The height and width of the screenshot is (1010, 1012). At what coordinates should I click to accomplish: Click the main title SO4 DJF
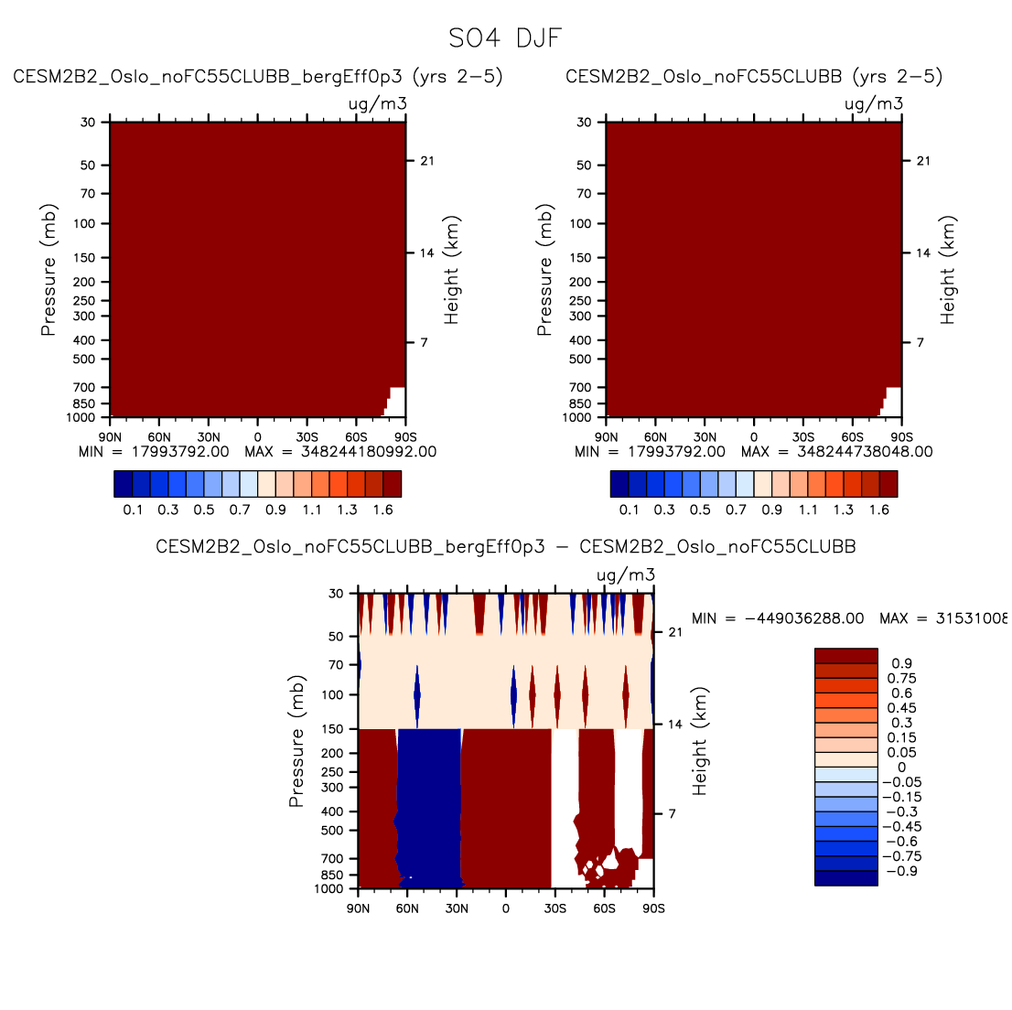coord(505,39)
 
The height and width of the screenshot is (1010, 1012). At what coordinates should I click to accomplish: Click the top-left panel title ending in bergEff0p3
coord(258,77)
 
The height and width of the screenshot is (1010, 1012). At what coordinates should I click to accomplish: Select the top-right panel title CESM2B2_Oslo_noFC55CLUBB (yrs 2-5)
coord(754,77)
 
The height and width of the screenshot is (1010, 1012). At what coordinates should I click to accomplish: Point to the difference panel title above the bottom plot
coord(506,547)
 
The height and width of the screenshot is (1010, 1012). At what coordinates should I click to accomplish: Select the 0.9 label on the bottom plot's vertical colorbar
coord(901,663)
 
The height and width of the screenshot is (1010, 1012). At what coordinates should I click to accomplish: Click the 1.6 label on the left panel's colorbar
coord(383,510)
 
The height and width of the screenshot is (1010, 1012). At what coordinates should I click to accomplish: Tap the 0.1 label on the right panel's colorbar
coord(630,510)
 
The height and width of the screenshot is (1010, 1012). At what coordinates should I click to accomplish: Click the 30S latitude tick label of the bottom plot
coord(554,908)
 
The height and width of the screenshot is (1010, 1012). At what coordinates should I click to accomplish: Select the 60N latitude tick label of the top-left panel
coord(159,437)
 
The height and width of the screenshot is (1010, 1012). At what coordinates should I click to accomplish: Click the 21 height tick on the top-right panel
coord(923,161)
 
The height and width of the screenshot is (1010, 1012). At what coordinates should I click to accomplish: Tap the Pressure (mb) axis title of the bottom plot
coord(296,742)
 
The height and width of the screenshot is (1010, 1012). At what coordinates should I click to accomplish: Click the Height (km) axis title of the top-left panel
coord(451,271)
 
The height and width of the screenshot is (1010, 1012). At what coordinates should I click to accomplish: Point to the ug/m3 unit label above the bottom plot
coord(626,575)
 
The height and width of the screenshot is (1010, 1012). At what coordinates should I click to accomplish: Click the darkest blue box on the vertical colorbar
coord(845,878)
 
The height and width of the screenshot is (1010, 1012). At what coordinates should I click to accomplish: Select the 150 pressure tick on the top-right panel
coord(582,258)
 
